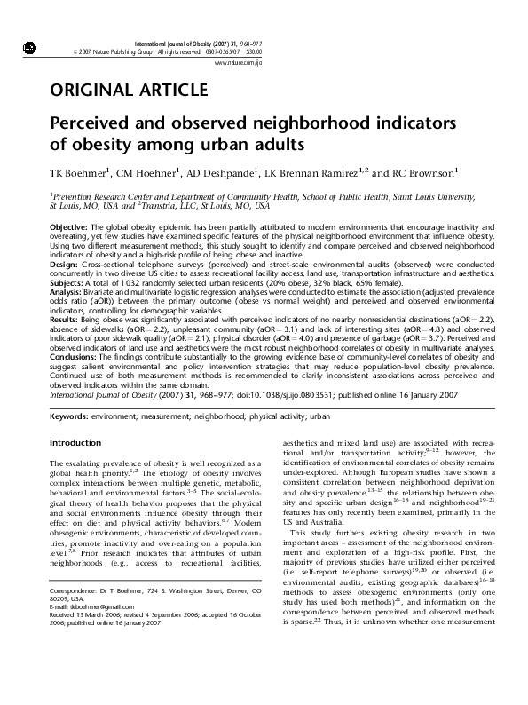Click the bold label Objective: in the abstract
coord(67,228)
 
